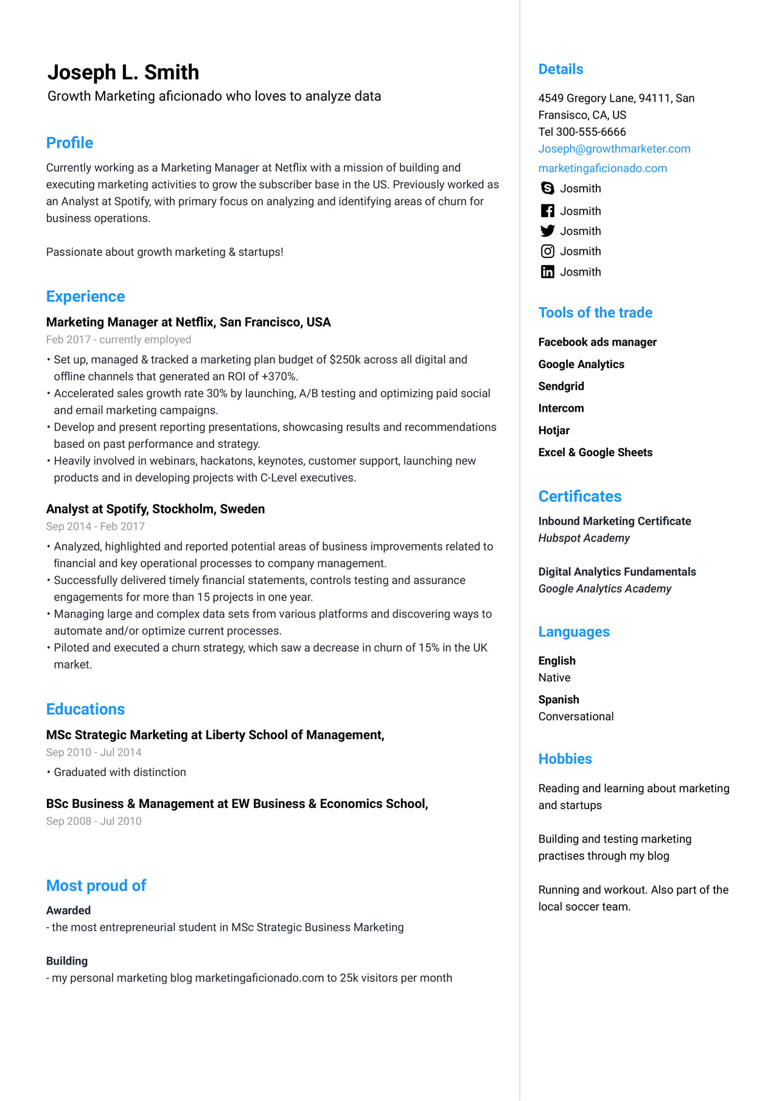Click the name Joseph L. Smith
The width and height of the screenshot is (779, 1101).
pos(123,72)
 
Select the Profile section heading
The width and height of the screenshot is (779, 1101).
pos(69,143)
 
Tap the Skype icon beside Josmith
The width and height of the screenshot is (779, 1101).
pos(547,189)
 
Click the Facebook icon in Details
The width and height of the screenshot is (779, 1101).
pos(547,211)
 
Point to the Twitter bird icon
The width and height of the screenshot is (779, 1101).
pos(547,231)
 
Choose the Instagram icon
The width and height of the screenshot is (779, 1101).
pos(547,251)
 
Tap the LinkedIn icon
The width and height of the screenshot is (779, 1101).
pos(547,272)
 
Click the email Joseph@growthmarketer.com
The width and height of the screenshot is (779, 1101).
pos(614,149)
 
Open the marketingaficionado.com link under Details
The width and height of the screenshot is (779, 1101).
pos(603,168)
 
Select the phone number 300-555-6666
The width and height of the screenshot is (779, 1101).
pos(590,132)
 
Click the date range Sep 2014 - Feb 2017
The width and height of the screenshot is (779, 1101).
pos(96,527)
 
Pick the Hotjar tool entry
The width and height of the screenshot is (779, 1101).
pos(554,431)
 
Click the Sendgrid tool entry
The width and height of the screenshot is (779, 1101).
pos(561,386)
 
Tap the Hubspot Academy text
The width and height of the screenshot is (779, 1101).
pos(584,538)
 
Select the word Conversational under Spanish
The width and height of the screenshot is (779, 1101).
pos(576,717)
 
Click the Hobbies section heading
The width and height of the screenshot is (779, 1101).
pos(565,759)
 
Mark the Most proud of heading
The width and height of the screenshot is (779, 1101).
pos(96,886)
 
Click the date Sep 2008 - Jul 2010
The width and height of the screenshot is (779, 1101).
pos(94,821)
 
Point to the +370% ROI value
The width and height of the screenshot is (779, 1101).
pos(279,377)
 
